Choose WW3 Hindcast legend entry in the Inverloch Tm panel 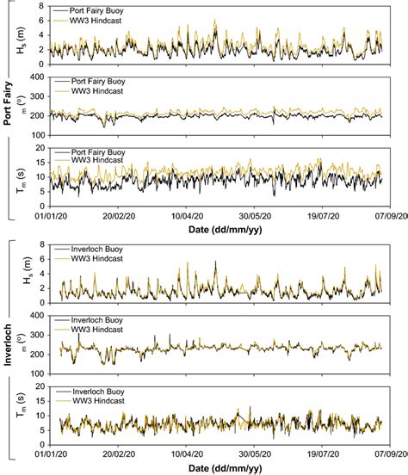pos(87,399)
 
